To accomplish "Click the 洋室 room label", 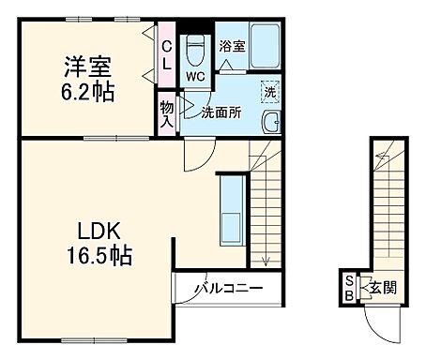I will click(88, 67).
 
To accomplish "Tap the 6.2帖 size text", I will click(88, 93).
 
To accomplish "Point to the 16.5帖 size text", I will click(98, 256).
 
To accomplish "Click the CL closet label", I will click(166, 55).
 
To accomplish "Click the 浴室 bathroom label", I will click(232, 45).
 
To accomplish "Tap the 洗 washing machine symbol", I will click(269, 93).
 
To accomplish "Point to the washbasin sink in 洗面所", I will click(271, 122).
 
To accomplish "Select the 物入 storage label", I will click(166, 112).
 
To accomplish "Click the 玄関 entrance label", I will click(381, 288).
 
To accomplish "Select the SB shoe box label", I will click(349, 289).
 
